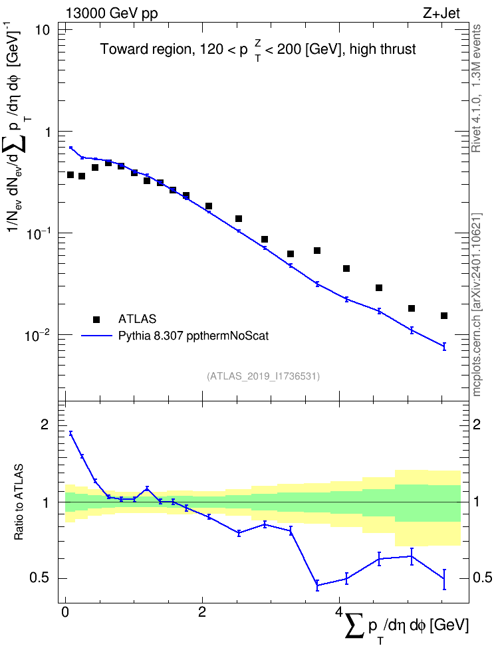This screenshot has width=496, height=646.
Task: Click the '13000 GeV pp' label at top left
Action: (111, 13)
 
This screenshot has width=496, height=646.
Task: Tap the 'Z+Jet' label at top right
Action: (441, 13)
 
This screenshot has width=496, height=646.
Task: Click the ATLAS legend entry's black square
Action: (96, 319)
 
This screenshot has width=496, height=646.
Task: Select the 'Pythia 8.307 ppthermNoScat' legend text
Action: (193, 336)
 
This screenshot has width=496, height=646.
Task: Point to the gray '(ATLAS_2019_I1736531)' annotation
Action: (263, 376)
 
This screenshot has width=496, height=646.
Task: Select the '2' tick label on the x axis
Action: (202, 611)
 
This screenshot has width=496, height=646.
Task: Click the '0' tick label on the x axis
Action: (65, 611)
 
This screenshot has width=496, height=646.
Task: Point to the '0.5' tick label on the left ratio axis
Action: (40, 578)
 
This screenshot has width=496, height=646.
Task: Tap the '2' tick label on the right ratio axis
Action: (477, 425)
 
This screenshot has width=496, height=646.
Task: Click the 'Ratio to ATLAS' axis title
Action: (19, 502)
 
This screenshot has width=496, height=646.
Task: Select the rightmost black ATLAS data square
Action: (444, 316)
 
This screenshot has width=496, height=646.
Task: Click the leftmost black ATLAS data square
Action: (70, 175)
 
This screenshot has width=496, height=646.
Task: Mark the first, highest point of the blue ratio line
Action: (71, 433)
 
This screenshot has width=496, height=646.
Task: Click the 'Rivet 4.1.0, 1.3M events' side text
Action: (476, 88)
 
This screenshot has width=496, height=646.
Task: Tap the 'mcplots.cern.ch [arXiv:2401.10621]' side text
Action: (477, 304)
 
